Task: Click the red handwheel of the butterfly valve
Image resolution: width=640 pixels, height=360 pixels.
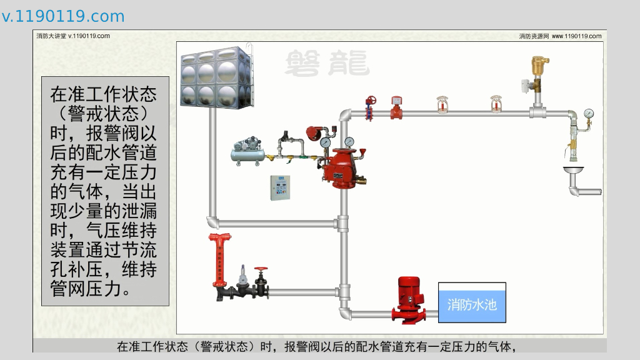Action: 371,100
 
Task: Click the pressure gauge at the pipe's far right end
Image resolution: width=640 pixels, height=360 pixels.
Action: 588,114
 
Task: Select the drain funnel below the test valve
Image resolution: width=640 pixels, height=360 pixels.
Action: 573,169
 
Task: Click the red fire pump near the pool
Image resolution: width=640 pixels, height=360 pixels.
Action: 409,299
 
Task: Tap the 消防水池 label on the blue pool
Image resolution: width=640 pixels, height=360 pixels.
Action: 472,304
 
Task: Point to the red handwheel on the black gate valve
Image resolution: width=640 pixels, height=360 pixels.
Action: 261,270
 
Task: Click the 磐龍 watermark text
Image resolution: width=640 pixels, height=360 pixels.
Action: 327,63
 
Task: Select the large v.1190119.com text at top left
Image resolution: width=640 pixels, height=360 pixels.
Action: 63,16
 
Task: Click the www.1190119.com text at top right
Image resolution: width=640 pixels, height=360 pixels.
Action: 576,36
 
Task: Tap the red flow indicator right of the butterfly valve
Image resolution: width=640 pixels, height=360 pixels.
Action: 396,106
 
